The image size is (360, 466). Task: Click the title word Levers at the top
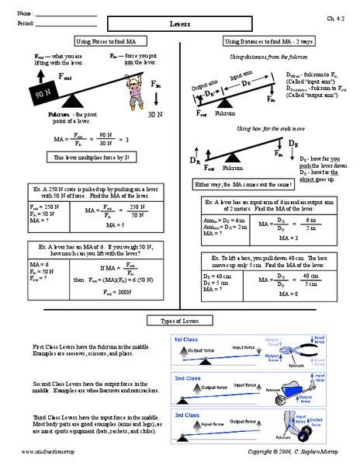click(x=179, y=25)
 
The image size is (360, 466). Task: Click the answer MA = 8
click(x=291, y=295)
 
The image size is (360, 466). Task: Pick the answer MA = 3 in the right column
click(x=291, y=238)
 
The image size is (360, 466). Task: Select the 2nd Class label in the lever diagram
click(x=185, y=378)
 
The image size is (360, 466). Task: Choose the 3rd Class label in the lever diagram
click(x=185, y=416)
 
